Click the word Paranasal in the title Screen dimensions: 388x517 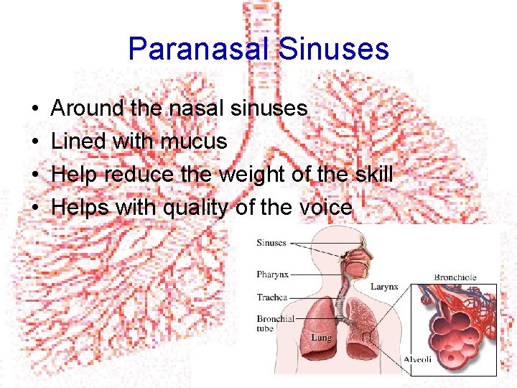click(x=198, y=49)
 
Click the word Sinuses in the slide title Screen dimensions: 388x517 click(x=333, y=49)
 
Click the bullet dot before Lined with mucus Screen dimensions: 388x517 click(x=34, y=142)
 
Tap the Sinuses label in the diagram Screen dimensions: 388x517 click(x=271, y=243)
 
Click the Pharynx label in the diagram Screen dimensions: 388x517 click(x=272, y=274)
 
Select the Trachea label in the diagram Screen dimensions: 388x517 click(x=272, y=297)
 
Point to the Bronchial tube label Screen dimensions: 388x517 click(x=275, y=323)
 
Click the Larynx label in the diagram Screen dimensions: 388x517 click(x=383, y=287)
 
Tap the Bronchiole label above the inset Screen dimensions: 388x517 click(x=455, y=277)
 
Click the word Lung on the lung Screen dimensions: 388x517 click(x=320, y=337)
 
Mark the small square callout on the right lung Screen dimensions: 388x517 click(x=366, y=338)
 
